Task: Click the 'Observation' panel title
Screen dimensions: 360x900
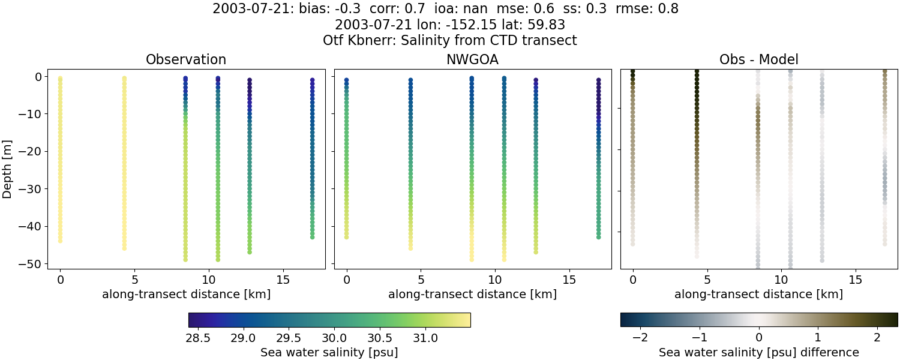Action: click(x=186, y=60)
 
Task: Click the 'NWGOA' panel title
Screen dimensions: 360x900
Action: click(x=472, y=60)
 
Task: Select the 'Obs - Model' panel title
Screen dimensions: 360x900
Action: click(x=758, y=60)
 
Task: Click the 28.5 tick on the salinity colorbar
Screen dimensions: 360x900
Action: click(x=198, y=338)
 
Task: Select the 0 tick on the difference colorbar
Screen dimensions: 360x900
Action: click(x=759, y=338)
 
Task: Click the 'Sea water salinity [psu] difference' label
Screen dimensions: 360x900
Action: click(x=758, y=352)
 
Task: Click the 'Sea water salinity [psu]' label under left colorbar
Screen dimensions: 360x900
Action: click(x=329, y=352)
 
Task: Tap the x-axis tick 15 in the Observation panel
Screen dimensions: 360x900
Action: click(x=283, y=280)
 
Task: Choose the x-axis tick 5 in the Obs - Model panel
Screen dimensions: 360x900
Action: click(x=707, y=280)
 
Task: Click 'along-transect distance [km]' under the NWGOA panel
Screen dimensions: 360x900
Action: click(x=472, y=294)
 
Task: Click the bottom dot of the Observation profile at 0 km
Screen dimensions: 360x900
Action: click(x=60, y=241)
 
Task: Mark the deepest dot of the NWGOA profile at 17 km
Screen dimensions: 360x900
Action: click(x=598, y=237)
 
